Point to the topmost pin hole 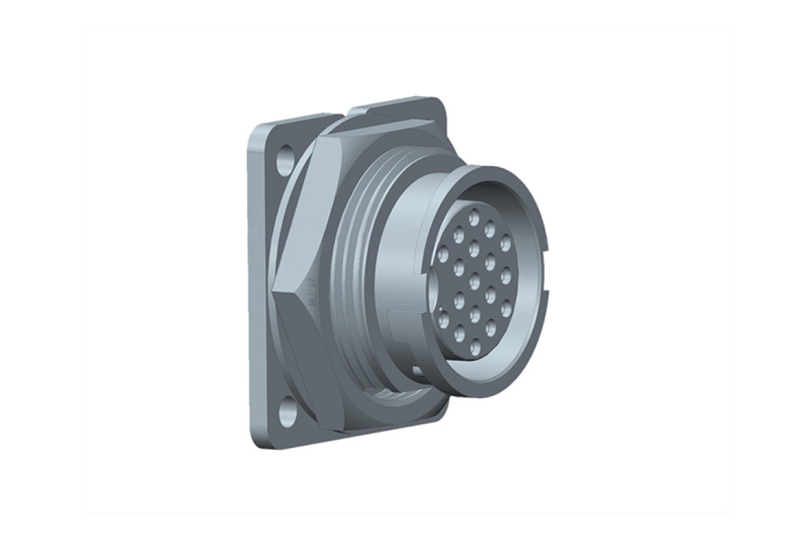click(x=474, y=218)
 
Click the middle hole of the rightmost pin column click(x=506, y=276)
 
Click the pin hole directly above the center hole click(x=475, y=249)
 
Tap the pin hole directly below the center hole click(x=475, y=315)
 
